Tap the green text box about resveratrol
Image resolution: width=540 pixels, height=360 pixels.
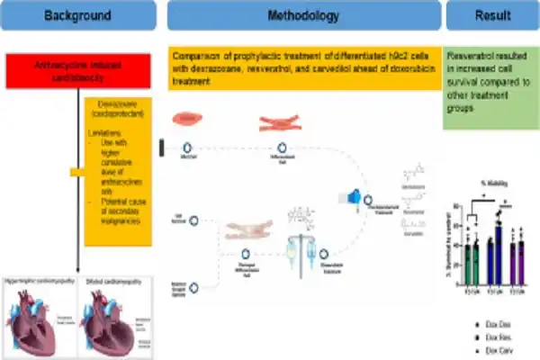[490, 90]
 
